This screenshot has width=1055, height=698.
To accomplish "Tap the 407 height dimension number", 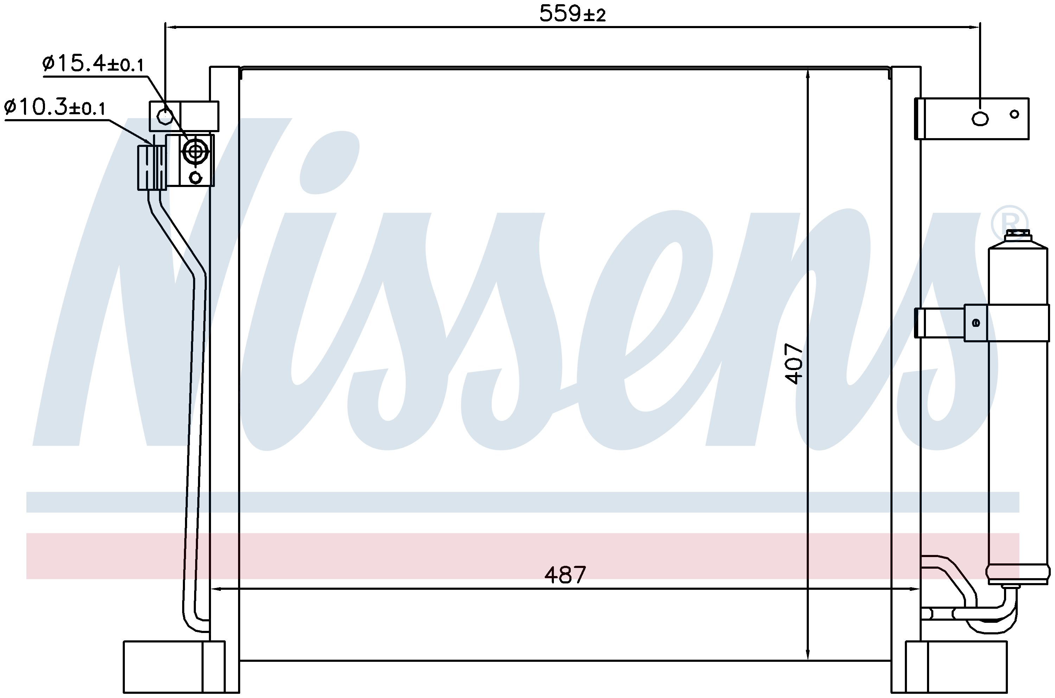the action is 794,363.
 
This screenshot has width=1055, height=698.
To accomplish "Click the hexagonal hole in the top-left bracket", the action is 165,116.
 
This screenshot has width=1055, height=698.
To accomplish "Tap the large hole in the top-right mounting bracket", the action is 980,118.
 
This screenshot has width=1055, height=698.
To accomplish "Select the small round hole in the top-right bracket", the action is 1015,115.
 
